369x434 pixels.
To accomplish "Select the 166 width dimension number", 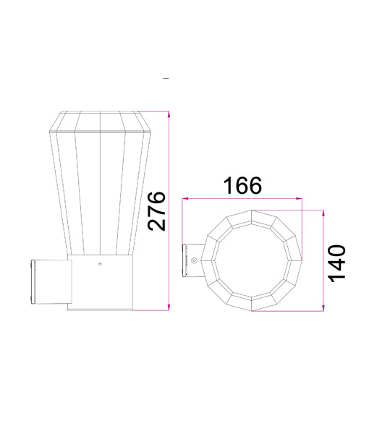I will [x=242, y=186].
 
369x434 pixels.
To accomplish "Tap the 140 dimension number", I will [x=337, y=263].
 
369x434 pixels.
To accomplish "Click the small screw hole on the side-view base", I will [x=100, y=264].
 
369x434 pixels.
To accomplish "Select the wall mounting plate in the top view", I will [x=184, y=261].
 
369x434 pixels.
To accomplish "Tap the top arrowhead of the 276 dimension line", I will [x=169, y=114].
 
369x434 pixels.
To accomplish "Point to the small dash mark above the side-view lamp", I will [x=167, y=78].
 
